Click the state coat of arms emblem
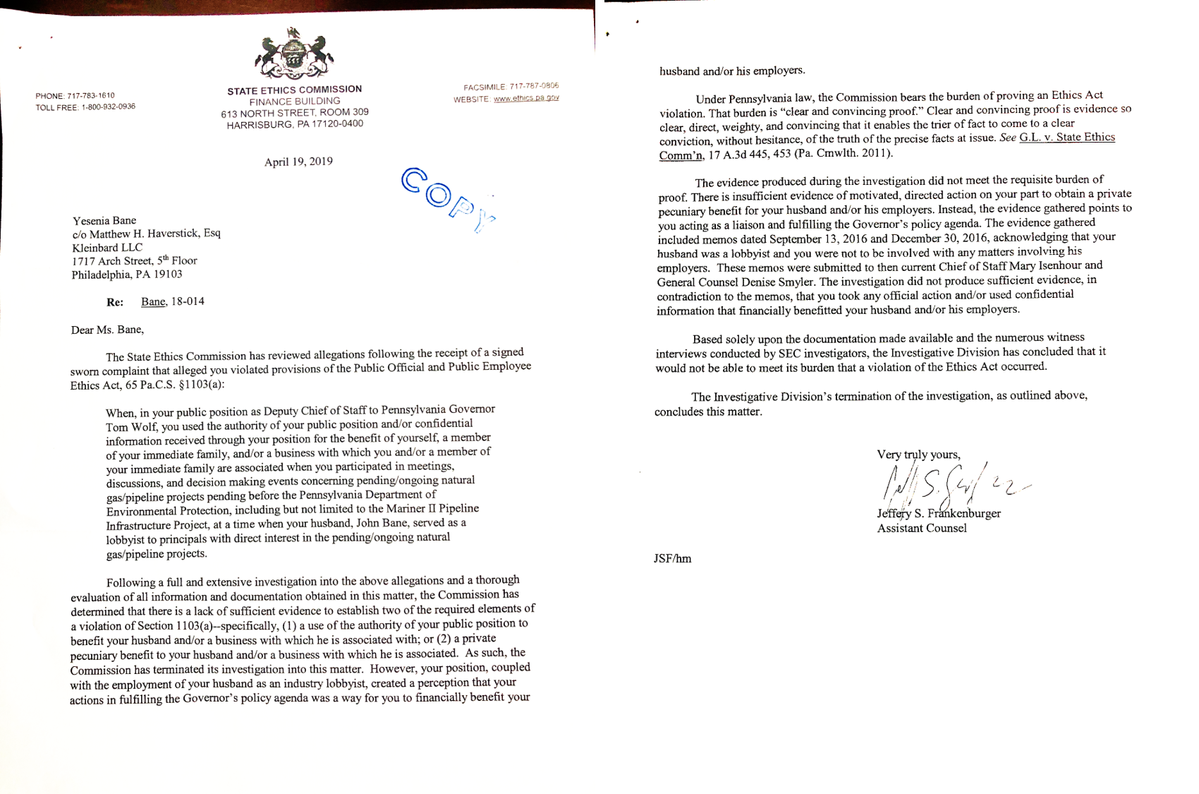[294, 54]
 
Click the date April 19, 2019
[298, 162]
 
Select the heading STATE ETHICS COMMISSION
[294, 90]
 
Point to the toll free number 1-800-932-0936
[109, 107]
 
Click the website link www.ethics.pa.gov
[526, 98]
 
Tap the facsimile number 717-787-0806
[534, 86]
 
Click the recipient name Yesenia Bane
[104, 220]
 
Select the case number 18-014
[188, 301]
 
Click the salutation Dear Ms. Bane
[107, 330]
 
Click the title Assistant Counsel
[922, 528]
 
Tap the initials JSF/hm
[672, 558]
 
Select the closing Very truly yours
[918, 455]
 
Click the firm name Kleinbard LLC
[107, 248]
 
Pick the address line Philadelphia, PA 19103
[127, 275]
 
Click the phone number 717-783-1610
[91, 95]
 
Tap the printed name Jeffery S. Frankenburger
[939, 513]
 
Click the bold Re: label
[115, 302]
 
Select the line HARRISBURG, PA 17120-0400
[295, 124]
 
